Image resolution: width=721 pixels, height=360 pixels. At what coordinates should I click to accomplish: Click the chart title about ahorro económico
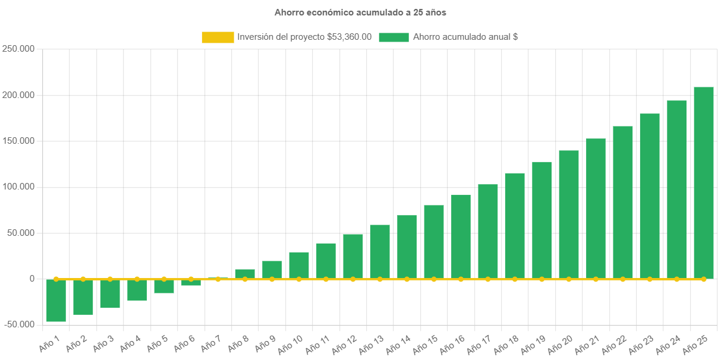click(x=360, y=12)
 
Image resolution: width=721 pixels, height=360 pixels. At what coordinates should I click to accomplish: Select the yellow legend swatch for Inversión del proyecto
click(x=218, y=37)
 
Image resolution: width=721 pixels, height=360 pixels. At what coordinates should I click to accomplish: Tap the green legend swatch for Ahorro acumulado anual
click(x=393, y=37)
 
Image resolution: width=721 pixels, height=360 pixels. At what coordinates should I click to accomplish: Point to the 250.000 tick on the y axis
click(x=17, y=49)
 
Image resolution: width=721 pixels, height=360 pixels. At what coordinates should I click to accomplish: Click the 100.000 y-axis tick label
click(x=17, y=187)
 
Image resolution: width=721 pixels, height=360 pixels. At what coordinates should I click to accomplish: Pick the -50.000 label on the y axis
click(x=17, y=324)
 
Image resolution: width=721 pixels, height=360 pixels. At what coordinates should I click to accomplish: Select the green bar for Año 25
click(x=703, y=182)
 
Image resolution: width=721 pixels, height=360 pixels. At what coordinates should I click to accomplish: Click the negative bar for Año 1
click(x=56, y=300)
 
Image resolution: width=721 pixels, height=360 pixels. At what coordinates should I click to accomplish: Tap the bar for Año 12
click(x=353, y=256)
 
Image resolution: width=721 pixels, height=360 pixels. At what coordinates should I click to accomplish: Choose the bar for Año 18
click(x=515, y=226)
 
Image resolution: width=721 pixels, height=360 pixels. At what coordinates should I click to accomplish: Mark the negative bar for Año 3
click(x=110, y=293)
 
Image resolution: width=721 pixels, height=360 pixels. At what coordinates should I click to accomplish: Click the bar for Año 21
click(x=596, y=209)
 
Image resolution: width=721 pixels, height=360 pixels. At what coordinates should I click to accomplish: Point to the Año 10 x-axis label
click(x=291, y=343)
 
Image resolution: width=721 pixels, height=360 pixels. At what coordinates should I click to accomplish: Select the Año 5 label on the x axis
click(x=158, y=343)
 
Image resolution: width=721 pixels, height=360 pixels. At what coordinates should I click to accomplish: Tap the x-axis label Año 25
click(x=695, y=343)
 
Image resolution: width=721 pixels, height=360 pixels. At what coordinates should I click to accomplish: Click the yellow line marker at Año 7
click(x=218, y=279)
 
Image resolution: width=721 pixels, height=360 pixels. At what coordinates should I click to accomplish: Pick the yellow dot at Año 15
click(x=434, y=279)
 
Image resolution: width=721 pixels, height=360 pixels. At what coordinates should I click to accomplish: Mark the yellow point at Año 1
click(x=56, y=279)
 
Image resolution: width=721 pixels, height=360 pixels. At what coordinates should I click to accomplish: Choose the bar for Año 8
click(x=245, y=274)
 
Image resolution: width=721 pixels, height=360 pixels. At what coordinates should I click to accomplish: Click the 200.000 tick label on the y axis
click(x=17, y=95)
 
